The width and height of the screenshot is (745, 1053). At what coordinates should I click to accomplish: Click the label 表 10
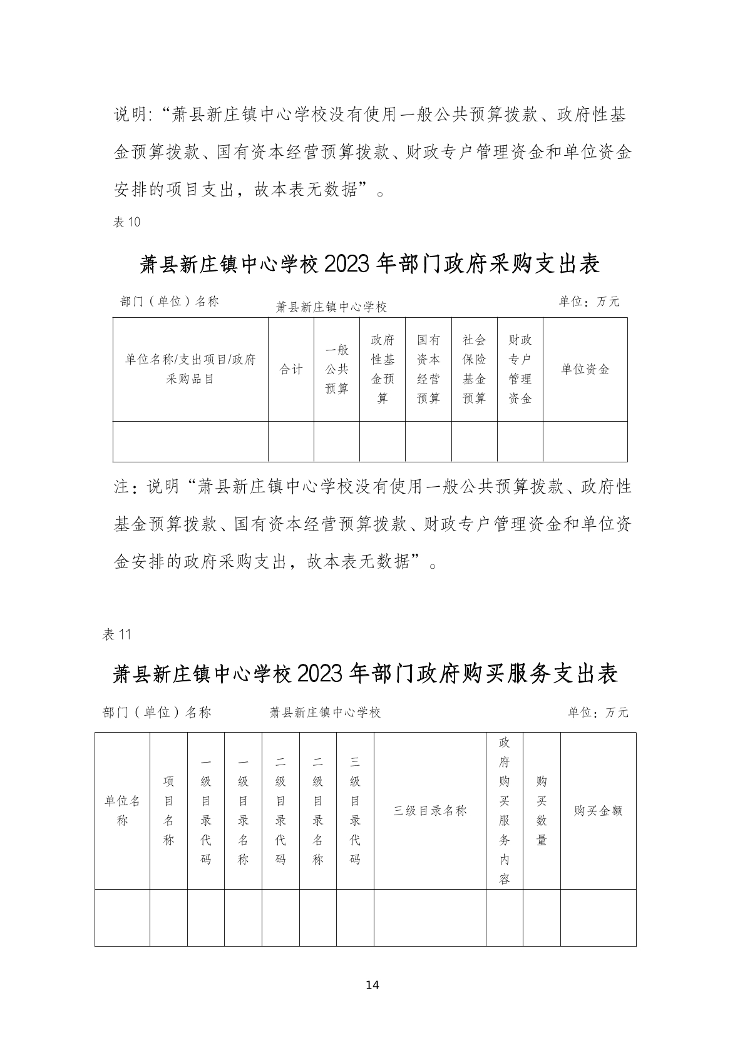tap(127, 221)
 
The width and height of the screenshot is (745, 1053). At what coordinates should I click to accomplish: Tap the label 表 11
tap(116, 634)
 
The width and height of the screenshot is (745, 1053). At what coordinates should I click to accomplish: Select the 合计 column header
tap(291, 369)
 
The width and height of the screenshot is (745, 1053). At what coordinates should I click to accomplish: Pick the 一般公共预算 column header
tap(337, 369)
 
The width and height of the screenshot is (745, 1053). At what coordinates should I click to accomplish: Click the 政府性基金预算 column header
tap(383, 369)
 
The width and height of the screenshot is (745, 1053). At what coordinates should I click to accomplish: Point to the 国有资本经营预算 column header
tap(429, 369)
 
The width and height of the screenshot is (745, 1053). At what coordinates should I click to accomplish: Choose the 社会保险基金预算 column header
tap(475, 369)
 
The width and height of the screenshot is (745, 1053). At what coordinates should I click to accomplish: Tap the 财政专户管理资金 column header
tap(520, 369)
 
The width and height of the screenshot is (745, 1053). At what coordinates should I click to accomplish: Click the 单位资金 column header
tap(585, 369)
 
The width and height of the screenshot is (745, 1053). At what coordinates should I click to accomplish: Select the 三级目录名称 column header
tap(430, 811)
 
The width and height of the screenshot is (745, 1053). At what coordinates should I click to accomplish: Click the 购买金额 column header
tap(598, 811)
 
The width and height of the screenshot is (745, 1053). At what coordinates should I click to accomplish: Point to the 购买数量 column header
tap(542, 811)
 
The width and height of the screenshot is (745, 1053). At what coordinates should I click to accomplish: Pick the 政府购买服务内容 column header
tap(505, 811)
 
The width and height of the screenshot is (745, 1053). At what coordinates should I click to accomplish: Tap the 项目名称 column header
tap(168, 811)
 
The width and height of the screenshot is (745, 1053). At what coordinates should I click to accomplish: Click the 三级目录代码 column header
tap(355, 811)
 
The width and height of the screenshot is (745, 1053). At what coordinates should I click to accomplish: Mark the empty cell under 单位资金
tap(585, 442)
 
